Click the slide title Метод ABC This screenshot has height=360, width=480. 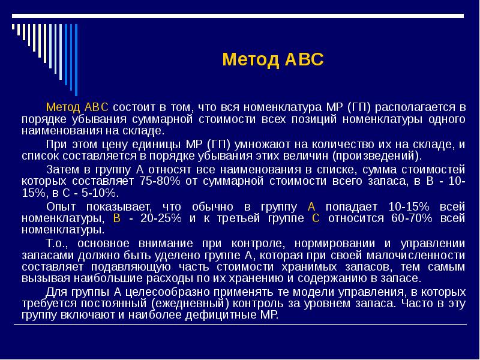tap(273, 60)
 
